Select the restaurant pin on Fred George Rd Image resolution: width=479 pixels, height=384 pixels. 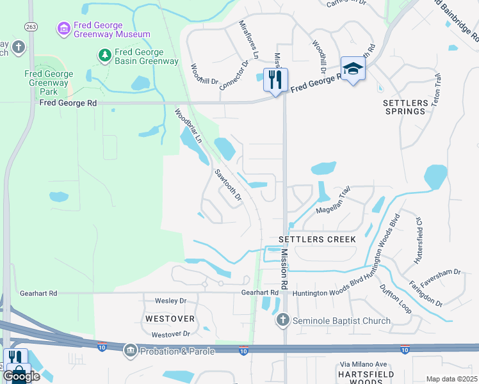pyautogui.click(x=275, y=80)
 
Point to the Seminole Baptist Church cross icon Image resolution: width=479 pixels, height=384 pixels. pyautogui.click(x=282, y=319)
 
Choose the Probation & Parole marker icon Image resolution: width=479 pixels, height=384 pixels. pyautogui.click(x=131, y=350)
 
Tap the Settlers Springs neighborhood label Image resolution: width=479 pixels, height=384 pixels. pyautogui.click(x=405, y=107)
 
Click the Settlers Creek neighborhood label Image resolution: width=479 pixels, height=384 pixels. pyautogui.click(x=317, y=239)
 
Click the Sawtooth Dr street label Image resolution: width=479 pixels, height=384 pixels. pyautogui.click(x=228, y=185)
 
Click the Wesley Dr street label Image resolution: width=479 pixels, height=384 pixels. pyautogui.click(x=170, y=301)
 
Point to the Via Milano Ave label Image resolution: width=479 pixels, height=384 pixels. pyautogui.click(x=363, y=365)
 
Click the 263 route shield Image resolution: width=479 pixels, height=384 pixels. pyautogui.click(x=30, y=26)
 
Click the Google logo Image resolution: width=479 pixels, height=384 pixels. pyautogui.click(x=21, y=376)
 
